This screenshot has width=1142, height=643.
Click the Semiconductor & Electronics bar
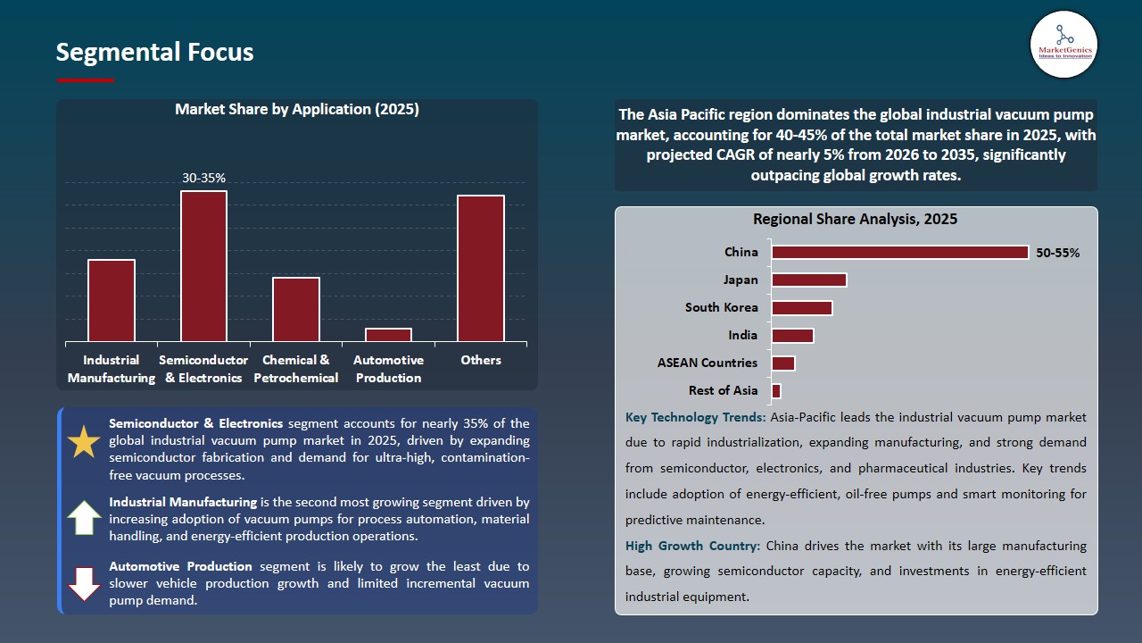pyautogui.click(x=203, y=265)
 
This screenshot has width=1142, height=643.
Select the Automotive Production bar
pyautogui.click(x=388, y=335)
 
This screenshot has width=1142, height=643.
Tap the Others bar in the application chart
pyautogui.click(x=481, y=268)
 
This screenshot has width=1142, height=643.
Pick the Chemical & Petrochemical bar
pyautogui.click(x=296, y=309)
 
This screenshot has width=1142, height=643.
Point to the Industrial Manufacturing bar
pyautogui.click(x=112, y=300)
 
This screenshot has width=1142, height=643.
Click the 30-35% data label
pyautogui.click(x=203, y=179)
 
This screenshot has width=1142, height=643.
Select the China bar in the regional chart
pyautogui.click(x=899, y=253)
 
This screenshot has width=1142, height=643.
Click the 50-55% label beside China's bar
pyautogui.click(x=1057, y=253)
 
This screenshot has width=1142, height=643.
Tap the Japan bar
pyautogui.click(x=808, y=280)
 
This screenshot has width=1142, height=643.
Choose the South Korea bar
pyautogui.click(x=801, y=308)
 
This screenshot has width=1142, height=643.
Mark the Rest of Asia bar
pyautogui.click(x=776, y=391)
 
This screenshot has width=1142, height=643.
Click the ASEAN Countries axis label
pyautogui.click(x=707, y=363)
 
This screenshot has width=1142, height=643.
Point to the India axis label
pyautogui.click(x=742, y=335)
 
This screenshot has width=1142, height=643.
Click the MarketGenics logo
pyautogui.click(x=1063, y=44)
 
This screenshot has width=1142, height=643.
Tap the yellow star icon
pyautogui.click(x=84, y=442)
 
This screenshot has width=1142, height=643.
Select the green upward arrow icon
pyautogui.click(x=84, y=517)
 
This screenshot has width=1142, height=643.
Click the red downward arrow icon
pyautogui.click(x=84, y=583)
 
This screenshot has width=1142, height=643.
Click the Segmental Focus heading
pyautogui.click(x=154, y=53)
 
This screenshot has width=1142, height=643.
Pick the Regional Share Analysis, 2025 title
pyautogui.click(x=855, y=220)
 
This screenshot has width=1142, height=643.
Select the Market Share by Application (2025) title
pyautogui.click(x=296, y=110)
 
